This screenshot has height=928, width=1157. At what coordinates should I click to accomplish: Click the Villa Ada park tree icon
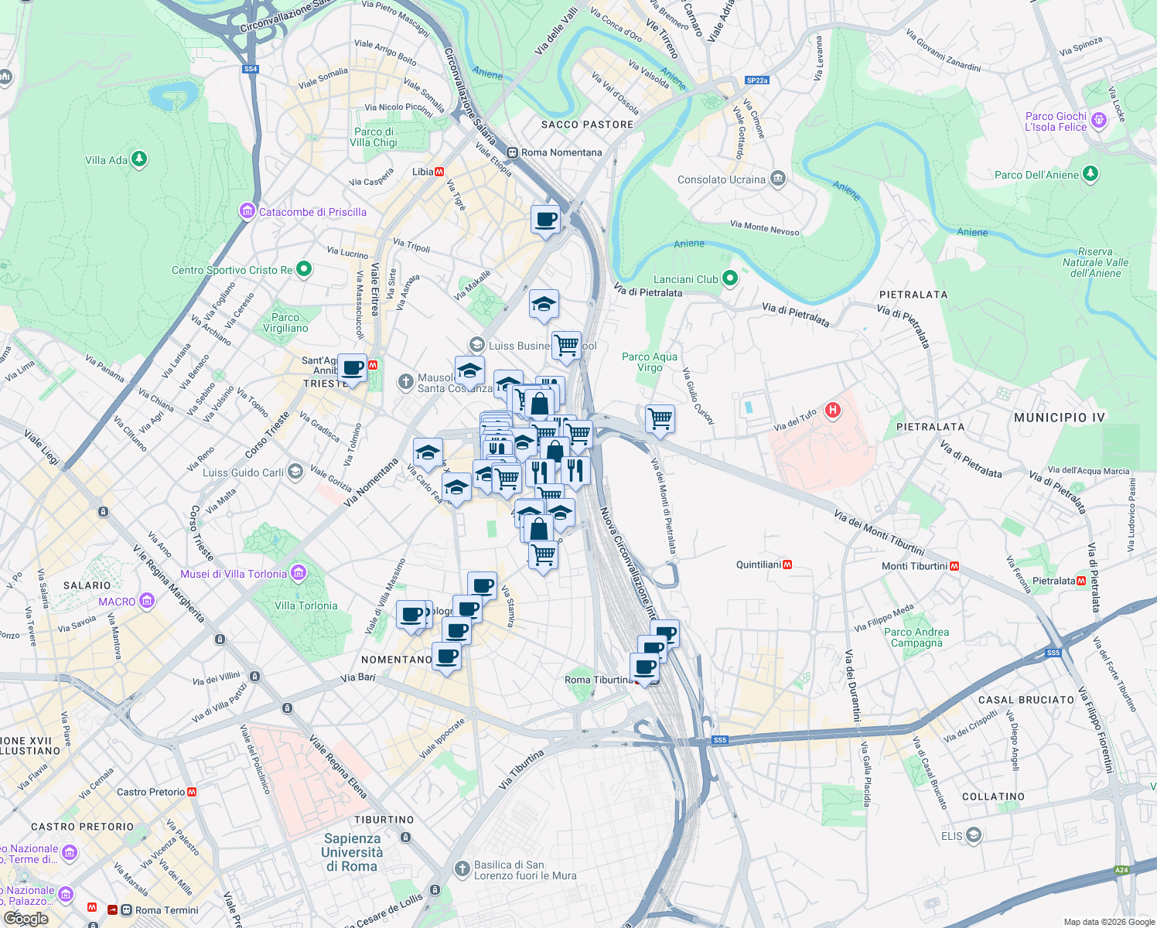coord(139,159)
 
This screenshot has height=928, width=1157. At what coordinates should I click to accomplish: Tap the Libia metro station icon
coord(439,172)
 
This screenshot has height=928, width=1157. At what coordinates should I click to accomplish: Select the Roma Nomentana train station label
coord(561,152)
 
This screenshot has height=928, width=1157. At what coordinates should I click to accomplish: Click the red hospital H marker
coord(832,410)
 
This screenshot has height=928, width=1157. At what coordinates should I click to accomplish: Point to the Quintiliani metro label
coord(759,565)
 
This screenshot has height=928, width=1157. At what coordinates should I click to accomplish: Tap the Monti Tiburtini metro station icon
coord(954,566)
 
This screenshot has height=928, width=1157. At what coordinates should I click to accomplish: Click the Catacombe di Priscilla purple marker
coord(247,211)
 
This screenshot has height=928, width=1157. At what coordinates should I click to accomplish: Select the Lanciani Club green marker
coord(729,278)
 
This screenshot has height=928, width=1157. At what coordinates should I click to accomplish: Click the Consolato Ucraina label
coord(721,179)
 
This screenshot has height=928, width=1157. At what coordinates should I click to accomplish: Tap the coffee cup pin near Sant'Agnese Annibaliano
coord(352,369)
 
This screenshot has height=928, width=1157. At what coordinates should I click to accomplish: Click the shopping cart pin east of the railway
coord(660,419)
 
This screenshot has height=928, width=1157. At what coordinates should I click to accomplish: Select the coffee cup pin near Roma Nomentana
coord(545,220)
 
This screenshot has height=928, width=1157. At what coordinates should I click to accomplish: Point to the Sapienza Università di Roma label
coord(353,852)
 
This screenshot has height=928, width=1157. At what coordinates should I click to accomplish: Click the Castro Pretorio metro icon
coord(192,792)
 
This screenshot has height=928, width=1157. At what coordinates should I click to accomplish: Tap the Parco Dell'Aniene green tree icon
coord(1090,174)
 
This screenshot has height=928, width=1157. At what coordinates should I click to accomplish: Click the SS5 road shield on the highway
coord(720,740)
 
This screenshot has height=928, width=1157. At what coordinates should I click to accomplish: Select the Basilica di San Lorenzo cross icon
coord(462,869)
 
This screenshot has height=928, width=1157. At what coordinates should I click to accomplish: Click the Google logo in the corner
coord(26,919)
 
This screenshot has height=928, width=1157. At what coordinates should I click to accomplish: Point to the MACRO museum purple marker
coord(147,601)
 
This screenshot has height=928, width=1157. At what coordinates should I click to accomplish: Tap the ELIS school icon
coord(973,834)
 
